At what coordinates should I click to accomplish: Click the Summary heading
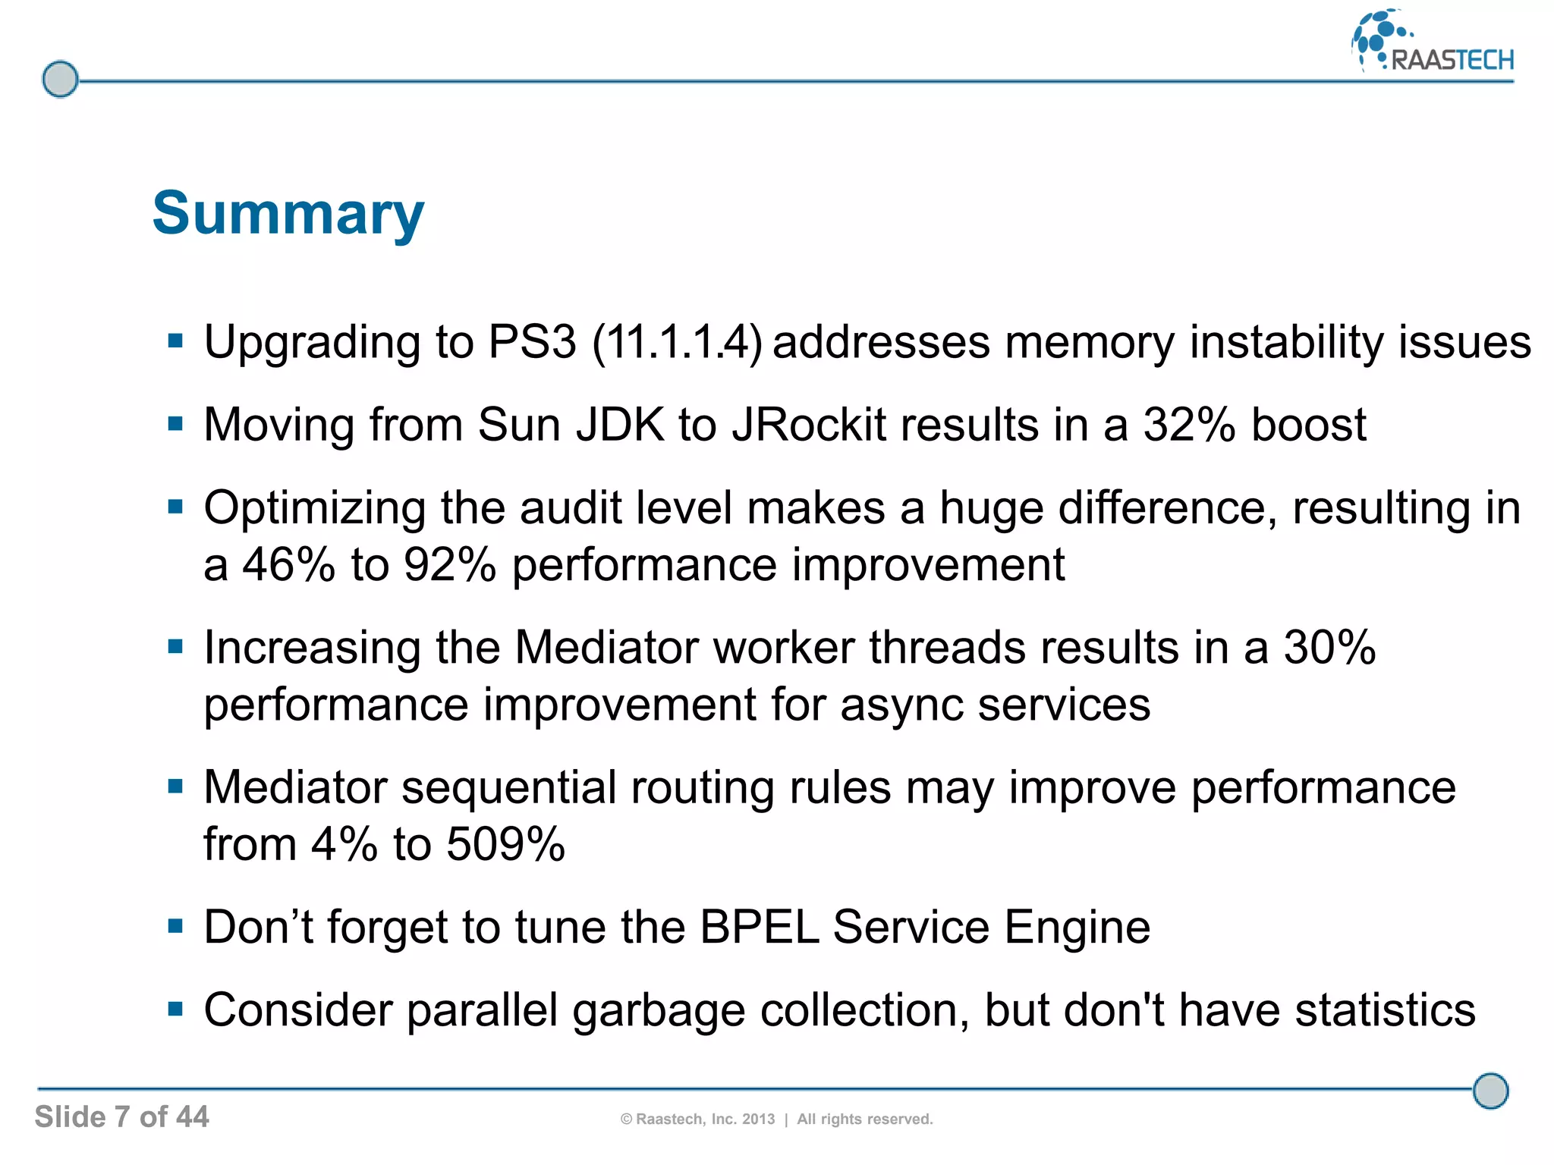[288, 214]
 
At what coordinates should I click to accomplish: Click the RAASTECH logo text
[1452, 60]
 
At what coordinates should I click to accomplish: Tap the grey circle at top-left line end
[60, 79]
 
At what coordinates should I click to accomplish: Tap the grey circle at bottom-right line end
[1490, 1091]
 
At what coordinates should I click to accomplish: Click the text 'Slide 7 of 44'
[121, 1116]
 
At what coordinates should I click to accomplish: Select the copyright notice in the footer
[776, 1119]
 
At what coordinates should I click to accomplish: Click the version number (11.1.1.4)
[677, 342]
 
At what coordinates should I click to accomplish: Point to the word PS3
[532, 342]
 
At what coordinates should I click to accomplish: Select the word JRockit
[809, 425]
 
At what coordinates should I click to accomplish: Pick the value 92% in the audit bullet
[449, 565]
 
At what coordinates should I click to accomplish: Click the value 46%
[288, 565]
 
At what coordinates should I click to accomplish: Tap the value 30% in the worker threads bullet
[1329, 648]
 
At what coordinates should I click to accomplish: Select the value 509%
[505, 844]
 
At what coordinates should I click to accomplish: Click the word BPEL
[759, 927]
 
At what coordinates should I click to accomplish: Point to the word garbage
[658, 1011]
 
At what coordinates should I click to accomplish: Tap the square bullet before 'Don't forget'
[176, 926]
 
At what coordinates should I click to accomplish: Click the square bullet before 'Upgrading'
[176, 341]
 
